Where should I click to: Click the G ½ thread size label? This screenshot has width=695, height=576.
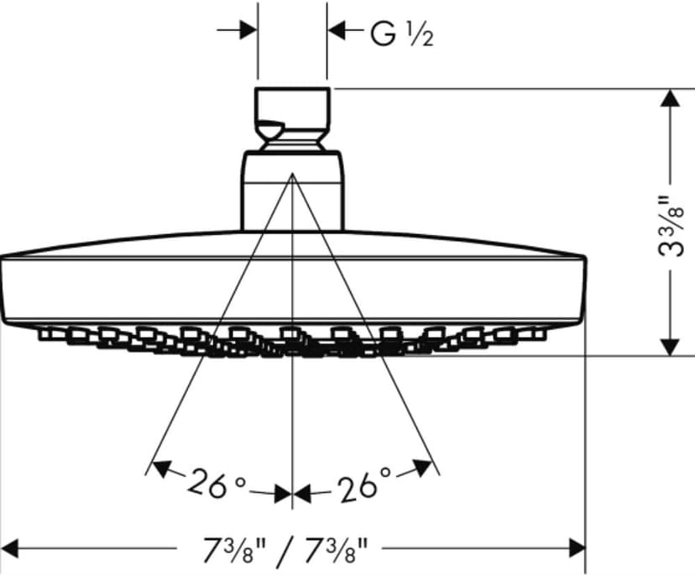401,34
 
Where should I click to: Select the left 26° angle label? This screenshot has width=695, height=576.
215,484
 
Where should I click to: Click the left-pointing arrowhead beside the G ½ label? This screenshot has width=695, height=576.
337,30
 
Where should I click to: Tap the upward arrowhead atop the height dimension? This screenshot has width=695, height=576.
670,97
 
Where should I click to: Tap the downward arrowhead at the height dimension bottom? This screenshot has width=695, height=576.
670,348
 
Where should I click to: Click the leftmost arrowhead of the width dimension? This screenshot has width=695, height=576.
10,548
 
